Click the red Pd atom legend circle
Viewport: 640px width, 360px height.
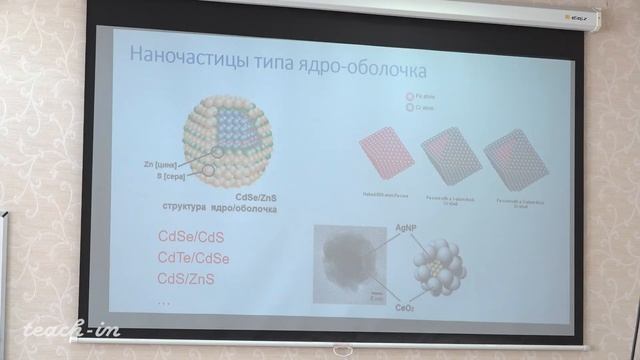410,97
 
